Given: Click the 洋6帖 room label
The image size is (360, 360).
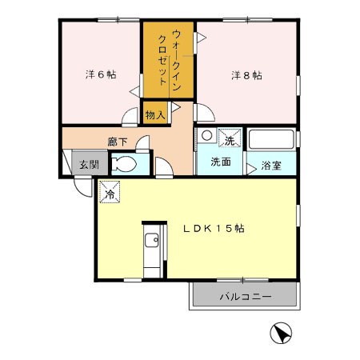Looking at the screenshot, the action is click(x=101, y=74).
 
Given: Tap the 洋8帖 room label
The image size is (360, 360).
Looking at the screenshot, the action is click(x=246, y=75).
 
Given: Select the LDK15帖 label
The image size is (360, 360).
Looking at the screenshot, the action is click(x=214, y=228).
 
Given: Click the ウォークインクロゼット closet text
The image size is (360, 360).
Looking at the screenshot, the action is click(x=170, y=60).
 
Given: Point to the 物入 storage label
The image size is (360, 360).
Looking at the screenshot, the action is click(x=155, y=115).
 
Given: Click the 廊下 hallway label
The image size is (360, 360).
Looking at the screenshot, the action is click(x=118, y=142).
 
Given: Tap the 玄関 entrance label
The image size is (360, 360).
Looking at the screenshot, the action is click(x=90, y=164).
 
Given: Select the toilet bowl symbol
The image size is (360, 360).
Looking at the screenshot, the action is click(x=124, y=164).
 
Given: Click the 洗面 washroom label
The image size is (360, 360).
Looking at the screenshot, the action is click(x=221, y=162).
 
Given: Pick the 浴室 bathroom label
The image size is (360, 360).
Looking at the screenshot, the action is click(x=271, y=166).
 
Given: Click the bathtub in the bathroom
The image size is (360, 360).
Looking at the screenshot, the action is click(x=271, y=139).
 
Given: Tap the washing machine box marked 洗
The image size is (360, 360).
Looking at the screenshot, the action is click(x=230, y=138).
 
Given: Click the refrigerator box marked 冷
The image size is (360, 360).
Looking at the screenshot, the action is click(x=110, y=191).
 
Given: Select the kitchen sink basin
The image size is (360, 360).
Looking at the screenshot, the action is click(x=152, y=240).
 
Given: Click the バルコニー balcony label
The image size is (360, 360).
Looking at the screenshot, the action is click(x=246, y=297).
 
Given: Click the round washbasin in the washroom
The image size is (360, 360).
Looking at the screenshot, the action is click(x=206, y=135).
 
